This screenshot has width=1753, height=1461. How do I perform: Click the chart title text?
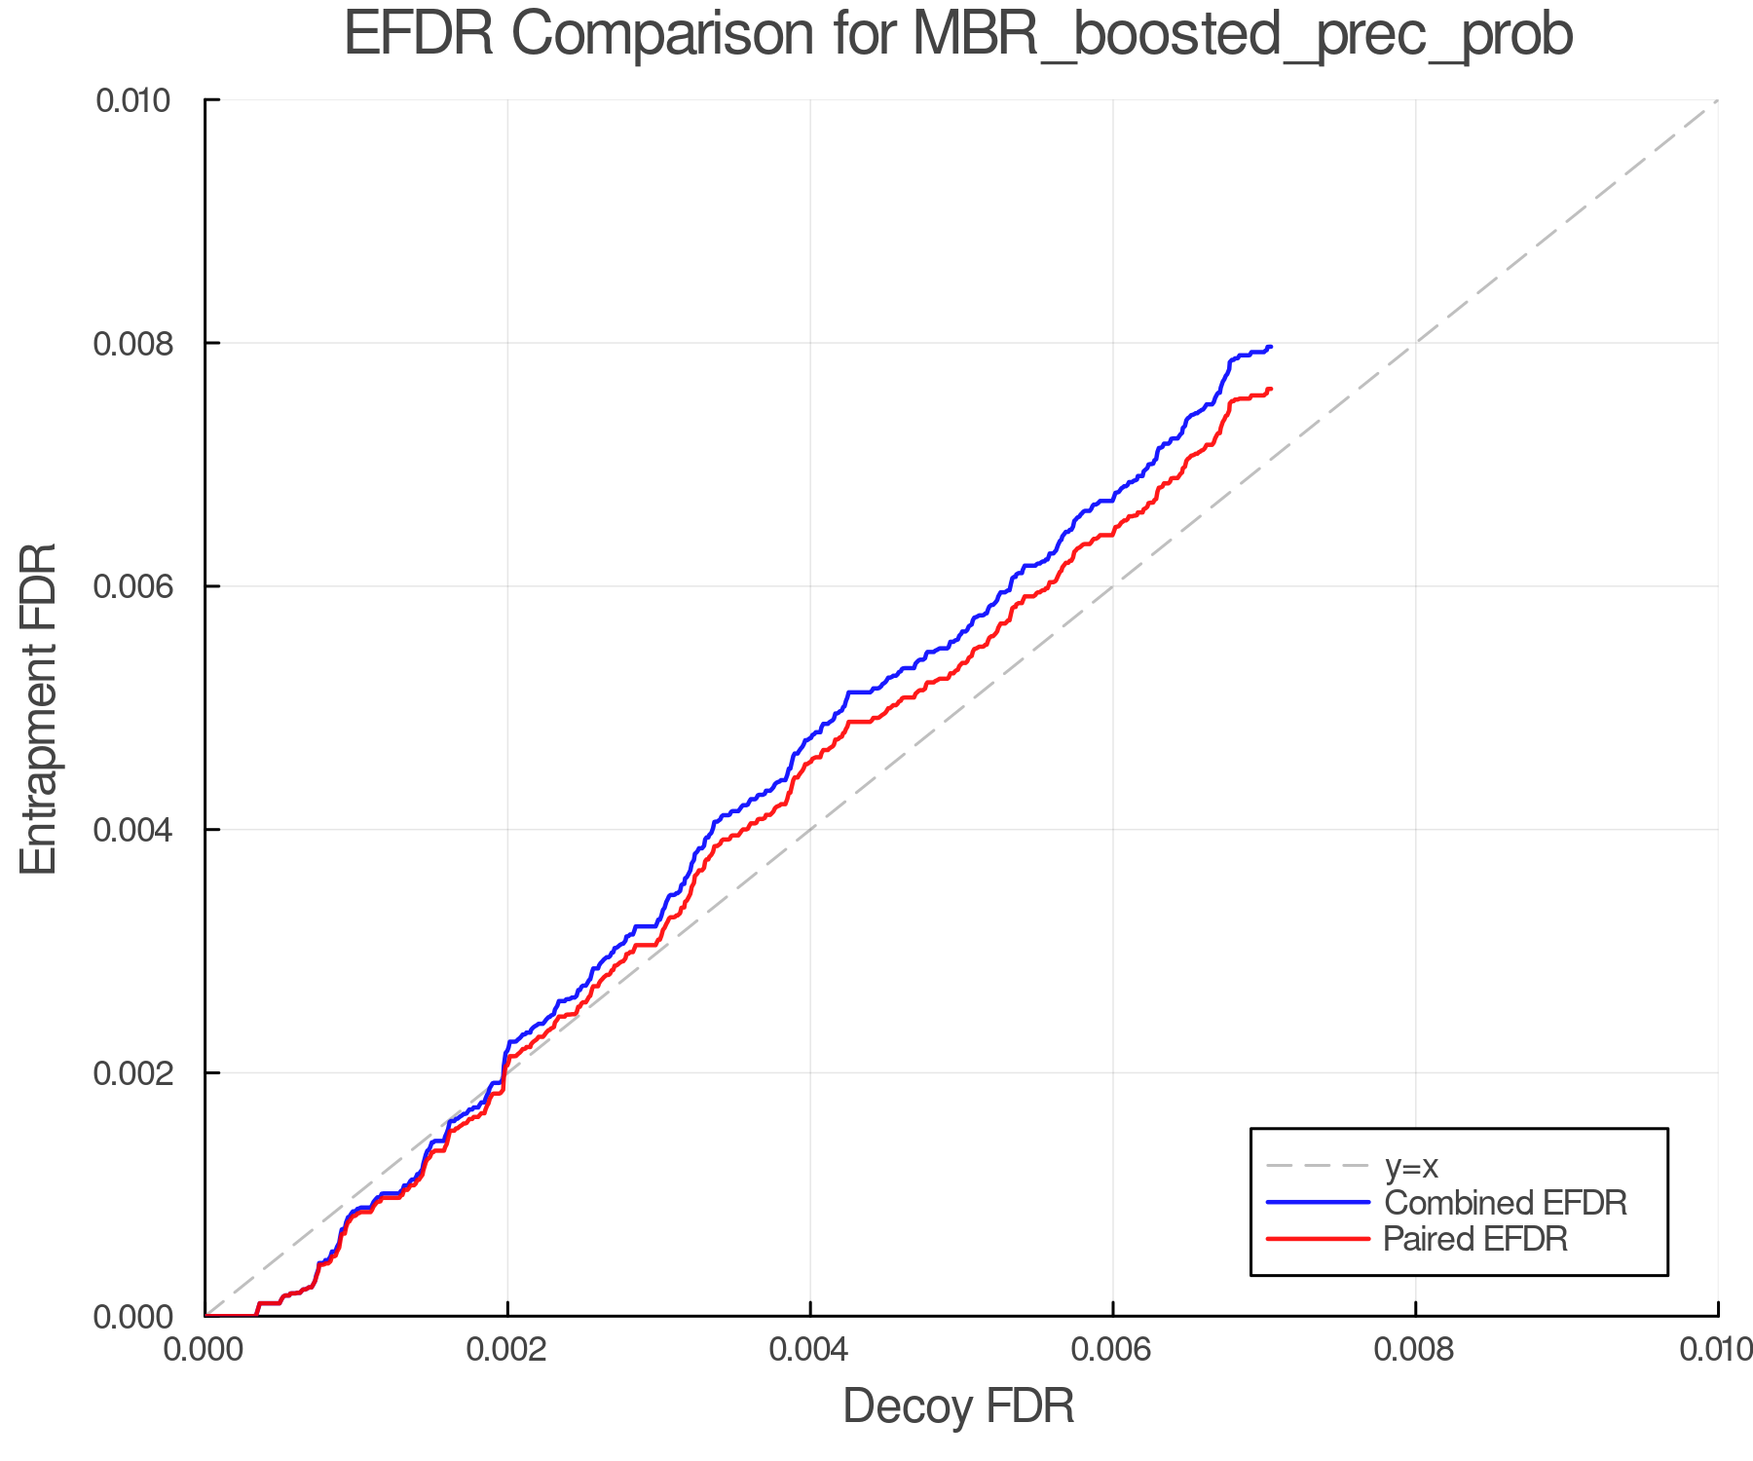(958, 35)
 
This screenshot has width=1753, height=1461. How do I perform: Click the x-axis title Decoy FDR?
(958, 1405)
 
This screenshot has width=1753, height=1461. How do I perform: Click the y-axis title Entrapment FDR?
(39, 708)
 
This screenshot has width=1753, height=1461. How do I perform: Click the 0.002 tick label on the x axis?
(507, 1350)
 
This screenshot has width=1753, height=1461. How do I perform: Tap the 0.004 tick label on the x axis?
(810, 1350)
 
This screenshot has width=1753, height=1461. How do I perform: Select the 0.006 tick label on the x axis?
(1113, 1350)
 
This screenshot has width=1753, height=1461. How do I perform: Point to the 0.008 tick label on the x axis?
(1415, 1350)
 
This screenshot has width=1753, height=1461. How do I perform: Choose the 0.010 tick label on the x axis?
(1716, 1350)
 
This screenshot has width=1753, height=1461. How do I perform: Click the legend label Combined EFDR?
(1505, 1203)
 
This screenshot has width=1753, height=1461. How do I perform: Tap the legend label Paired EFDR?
(1475, 1239)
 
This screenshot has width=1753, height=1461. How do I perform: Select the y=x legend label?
(1411, 1166)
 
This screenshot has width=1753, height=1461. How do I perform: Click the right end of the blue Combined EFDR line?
(1271, 347)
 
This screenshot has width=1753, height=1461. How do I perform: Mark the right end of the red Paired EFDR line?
(1271, 389)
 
